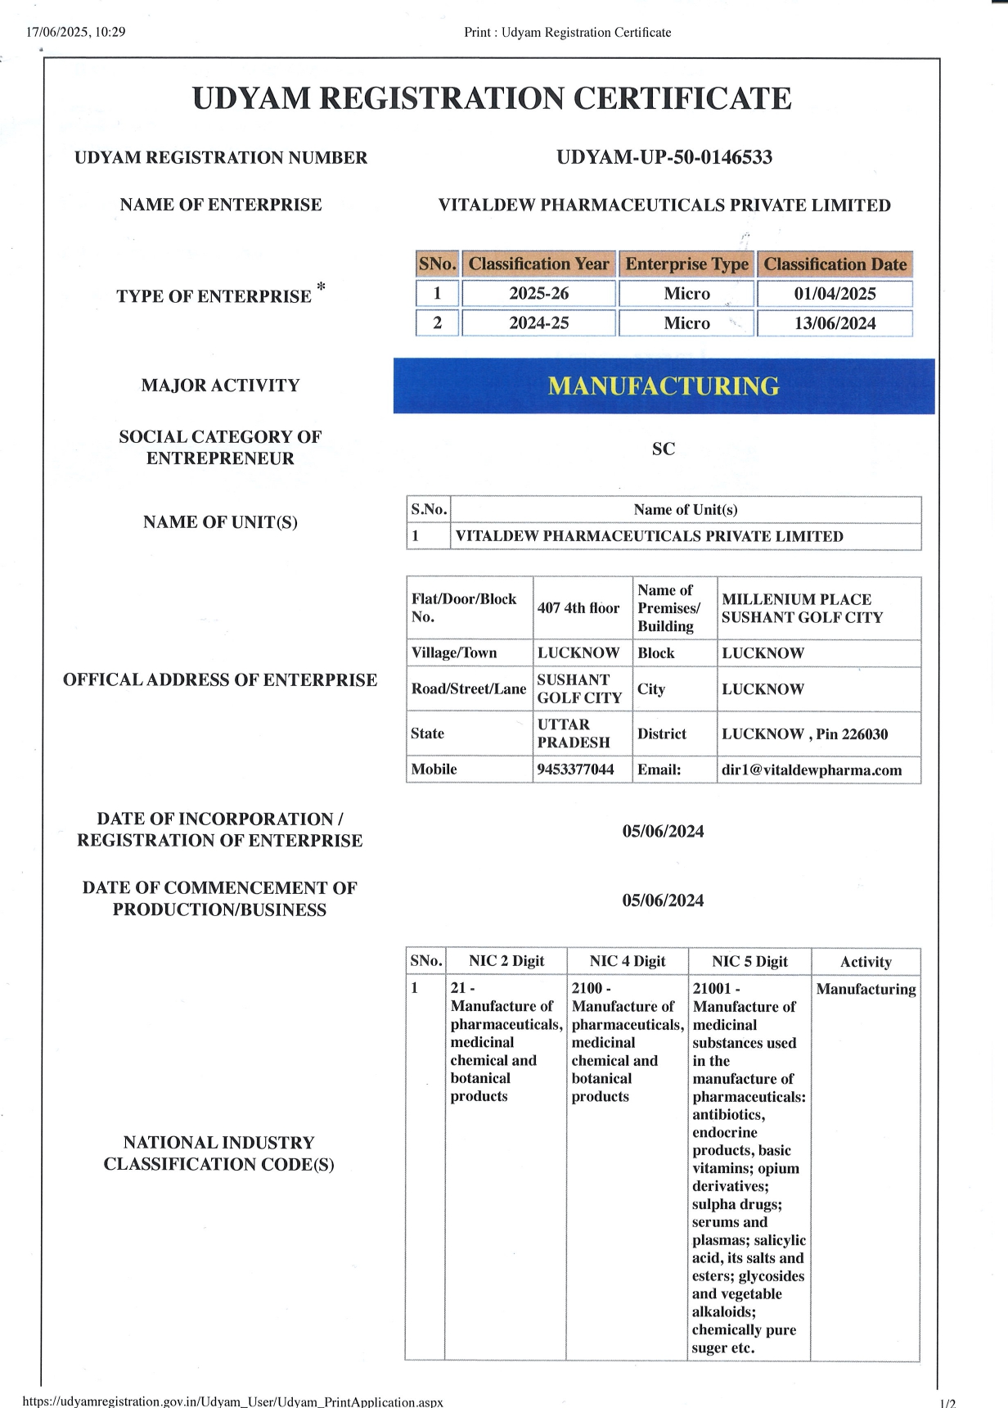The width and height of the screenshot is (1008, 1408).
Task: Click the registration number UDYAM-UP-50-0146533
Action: (664, 157)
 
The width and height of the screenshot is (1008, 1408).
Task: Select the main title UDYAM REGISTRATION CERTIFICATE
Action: (492, 98)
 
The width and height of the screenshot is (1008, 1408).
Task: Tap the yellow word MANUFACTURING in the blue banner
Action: (664, 386)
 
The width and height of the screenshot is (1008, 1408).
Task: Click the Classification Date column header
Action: (835, 264)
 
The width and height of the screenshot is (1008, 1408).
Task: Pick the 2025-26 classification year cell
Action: (538, 294)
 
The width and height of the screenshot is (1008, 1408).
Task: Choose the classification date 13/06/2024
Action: (835, 323)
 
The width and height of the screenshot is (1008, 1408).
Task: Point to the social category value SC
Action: (664, 449)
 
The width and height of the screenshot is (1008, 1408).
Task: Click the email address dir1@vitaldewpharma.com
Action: (812, 769)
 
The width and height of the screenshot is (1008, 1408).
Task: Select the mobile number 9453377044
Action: (575, 769)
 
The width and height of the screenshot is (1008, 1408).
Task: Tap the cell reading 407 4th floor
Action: (578, 608)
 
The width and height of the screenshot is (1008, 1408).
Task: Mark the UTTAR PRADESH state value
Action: (574, 733)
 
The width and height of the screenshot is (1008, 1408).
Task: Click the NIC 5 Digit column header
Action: (749, 962)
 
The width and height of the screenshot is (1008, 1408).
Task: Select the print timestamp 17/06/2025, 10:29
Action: (75, 32)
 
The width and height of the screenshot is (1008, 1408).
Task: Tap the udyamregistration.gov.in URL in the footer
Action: (233, 1401)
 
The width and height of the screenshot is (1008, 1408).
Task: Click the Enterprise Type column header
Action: (686, 264)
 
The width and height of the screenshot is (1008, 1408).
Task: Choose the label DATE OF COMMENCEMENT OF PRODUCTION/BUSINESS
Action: (219, 899)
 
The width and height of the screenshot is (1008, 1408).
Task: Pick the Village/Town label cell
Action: (454, 653)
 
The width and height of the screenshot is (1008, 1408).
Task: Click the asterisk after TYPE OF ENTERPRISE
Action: (321, 287)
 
